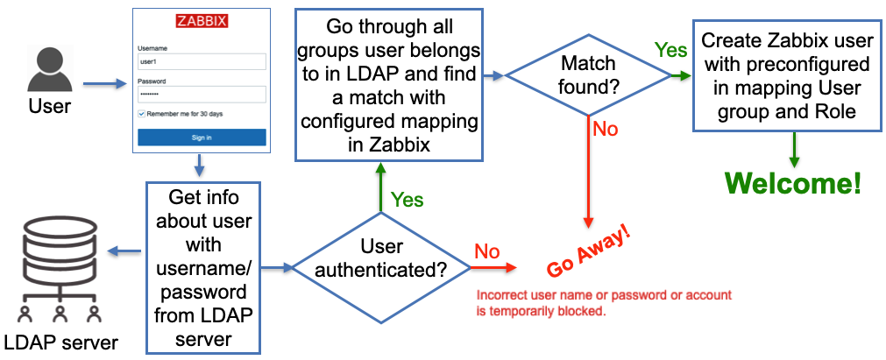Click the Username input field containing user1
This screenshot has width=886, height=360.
click(201, 62)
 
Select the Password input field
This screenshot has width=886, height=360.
click(201, 94)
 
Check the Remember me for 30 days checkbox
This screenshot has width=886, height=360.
click(141, 114)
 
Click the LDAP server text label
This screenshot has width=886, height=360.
click(59, 340)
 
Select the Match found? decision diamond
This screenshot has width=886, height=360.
click(588, 75)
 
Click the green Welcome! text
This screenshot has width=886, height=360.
click(792, 184)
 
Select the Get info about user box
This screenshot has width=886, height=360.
click(204, 264)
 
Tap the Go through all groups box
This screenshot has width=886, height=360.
click(389, 85)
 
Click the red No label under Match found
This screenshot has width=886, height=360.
click(605, 129)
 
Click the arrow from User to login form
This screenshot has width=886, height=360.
click(103, 85)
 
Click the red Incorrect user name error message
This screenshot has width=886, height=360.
click(603, 303)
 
